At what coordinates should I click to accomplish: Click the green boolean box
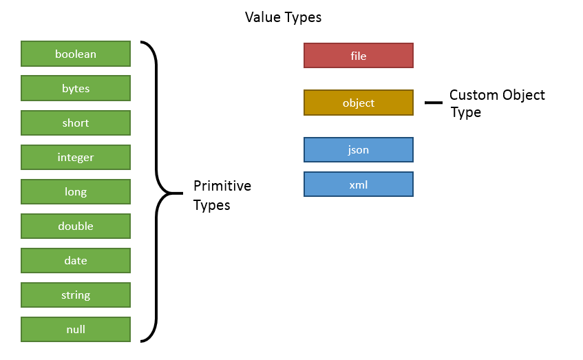(76, 54)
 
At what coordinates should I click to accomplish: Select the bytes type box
(76, 88)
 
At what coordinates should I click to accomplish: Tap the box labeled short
(76, 123)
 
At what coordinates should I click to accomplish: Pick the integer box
(76, 158)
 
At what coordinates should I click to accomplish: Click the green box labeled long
(76, 191)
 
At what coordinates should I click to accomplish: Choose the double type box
(76, 226)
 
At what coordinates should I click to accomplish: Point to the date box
(76, 260)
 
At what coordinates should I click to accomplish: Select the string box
(76, 295)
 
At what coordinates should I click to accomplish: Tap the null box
(76, 329)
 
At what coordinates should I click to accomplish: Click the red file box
(359, 56)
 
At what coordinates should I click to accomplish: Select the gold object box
(359, 103)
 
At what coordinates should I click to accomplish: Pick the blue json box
(359, 150)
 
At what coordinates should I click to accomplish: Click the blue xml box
(359, 184)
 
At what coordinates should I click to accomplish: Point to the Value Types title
(283, 17)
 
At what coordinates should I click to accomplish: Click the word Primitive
(222, 186)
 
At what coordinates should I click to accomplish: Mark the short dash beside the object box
(434, 103)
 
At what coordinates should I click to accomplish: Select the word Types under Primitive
(211, 206)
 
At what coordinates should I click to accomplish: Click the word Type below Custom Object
(465, 112)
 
